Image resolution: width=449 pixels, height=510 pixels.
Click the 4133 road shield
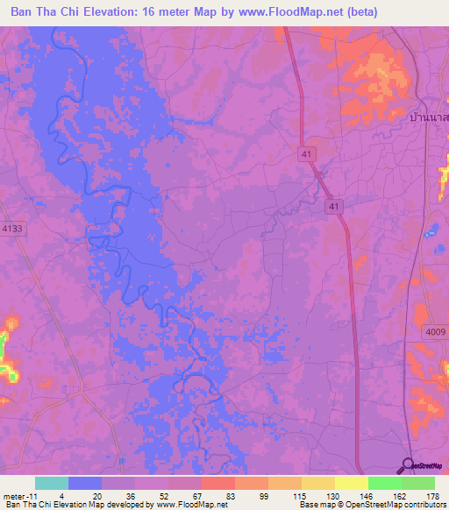tap(13, 228)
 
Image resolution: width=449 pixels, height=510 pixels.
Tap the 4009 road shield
tap(434, 332)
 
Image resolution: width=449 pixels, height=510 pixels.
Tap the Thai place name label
tap(429, 116)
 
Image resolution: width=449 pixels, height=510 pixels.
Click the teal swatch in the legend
tap(52, 483)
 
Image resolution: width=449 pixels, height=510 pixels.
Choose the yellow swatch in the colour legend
tap(352, 483)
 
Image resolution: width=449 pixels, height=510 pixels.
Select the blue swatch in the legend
tap(85, 483)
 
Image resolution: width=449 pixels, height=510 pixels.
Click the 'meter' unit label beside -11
tap(15, 495)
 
